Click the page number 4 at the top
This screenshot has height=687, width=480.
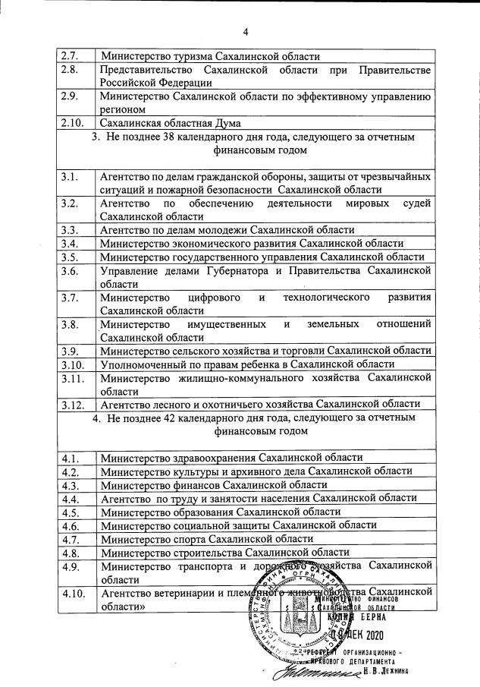pyautogui.click(x=246, y=31)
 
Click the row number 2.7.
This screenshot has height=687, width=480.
pyautogui.click(x=70, y=56)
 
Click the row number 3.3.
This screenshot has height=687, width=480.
pyautogui.click(x=70, y=229)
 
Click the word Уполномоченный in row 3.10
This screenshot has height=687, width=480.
pyautogui.click(x=142, y=364)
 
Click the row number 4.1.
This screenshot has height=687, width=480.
pyautogui.click(x=71, y=458)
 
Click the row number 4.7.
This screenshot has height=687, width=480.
pyautogui.click(x=71, y=539)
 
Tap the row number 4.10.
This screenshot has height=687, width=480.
pyautogui.click(x=74, y=592)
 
